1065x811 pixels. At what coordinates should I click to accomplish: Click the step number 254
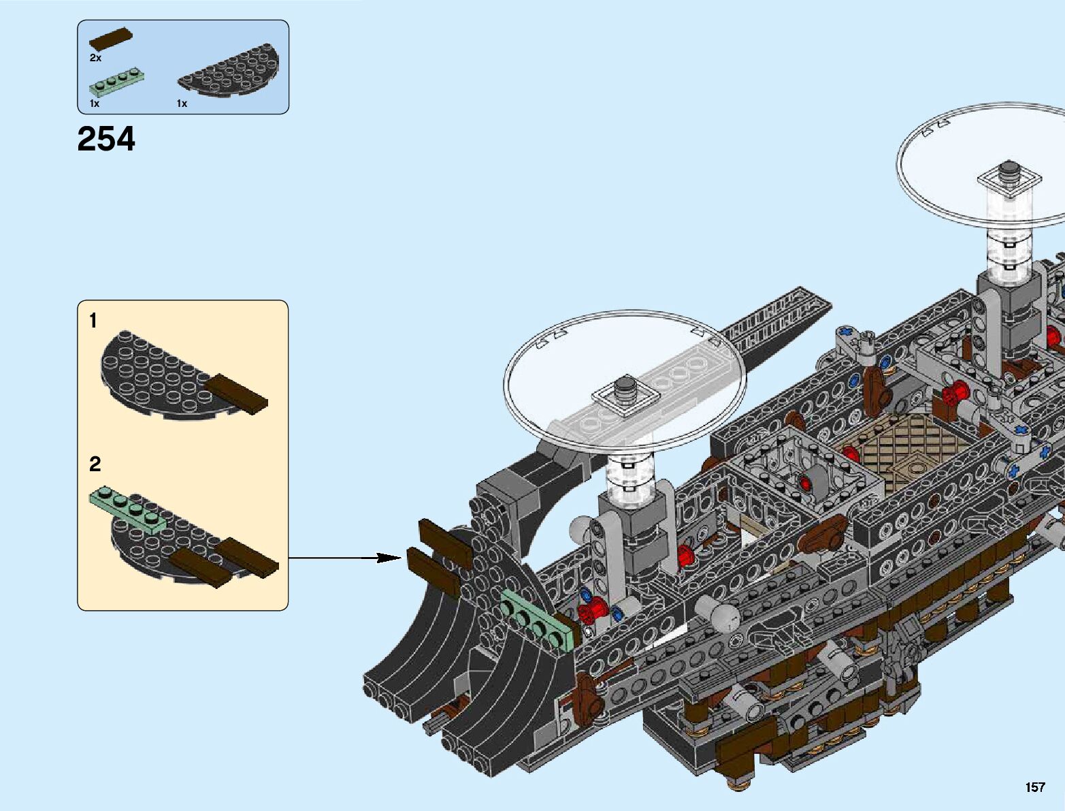click(106, 140)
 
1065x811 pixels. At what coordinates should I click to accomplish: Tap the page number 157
click(1035, 786)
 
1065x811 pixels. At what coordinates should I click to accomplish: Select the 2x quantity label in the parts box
click(95, 58)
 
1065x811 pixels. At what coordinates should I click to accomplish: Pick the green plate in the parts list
click(117, 83)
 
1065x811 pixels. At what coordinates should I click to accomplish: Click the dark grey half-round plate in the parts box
click(228, 70)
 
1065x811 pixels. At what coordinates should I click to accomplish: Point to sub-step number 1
click(93, 321)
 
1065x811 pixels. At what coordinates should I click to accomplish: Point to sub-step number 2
click(95, 464)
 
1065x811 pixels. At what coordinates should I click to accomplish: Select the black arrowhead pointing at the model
click(389, 558)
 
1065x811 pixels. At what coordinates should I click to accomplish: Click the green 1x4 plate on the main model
click(537, 619)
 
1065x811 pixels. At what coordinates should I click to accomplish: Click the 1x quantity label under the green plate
click(95, 104)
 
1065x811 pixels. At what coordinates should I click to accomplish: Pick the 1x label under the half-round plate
click(182, 104)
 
